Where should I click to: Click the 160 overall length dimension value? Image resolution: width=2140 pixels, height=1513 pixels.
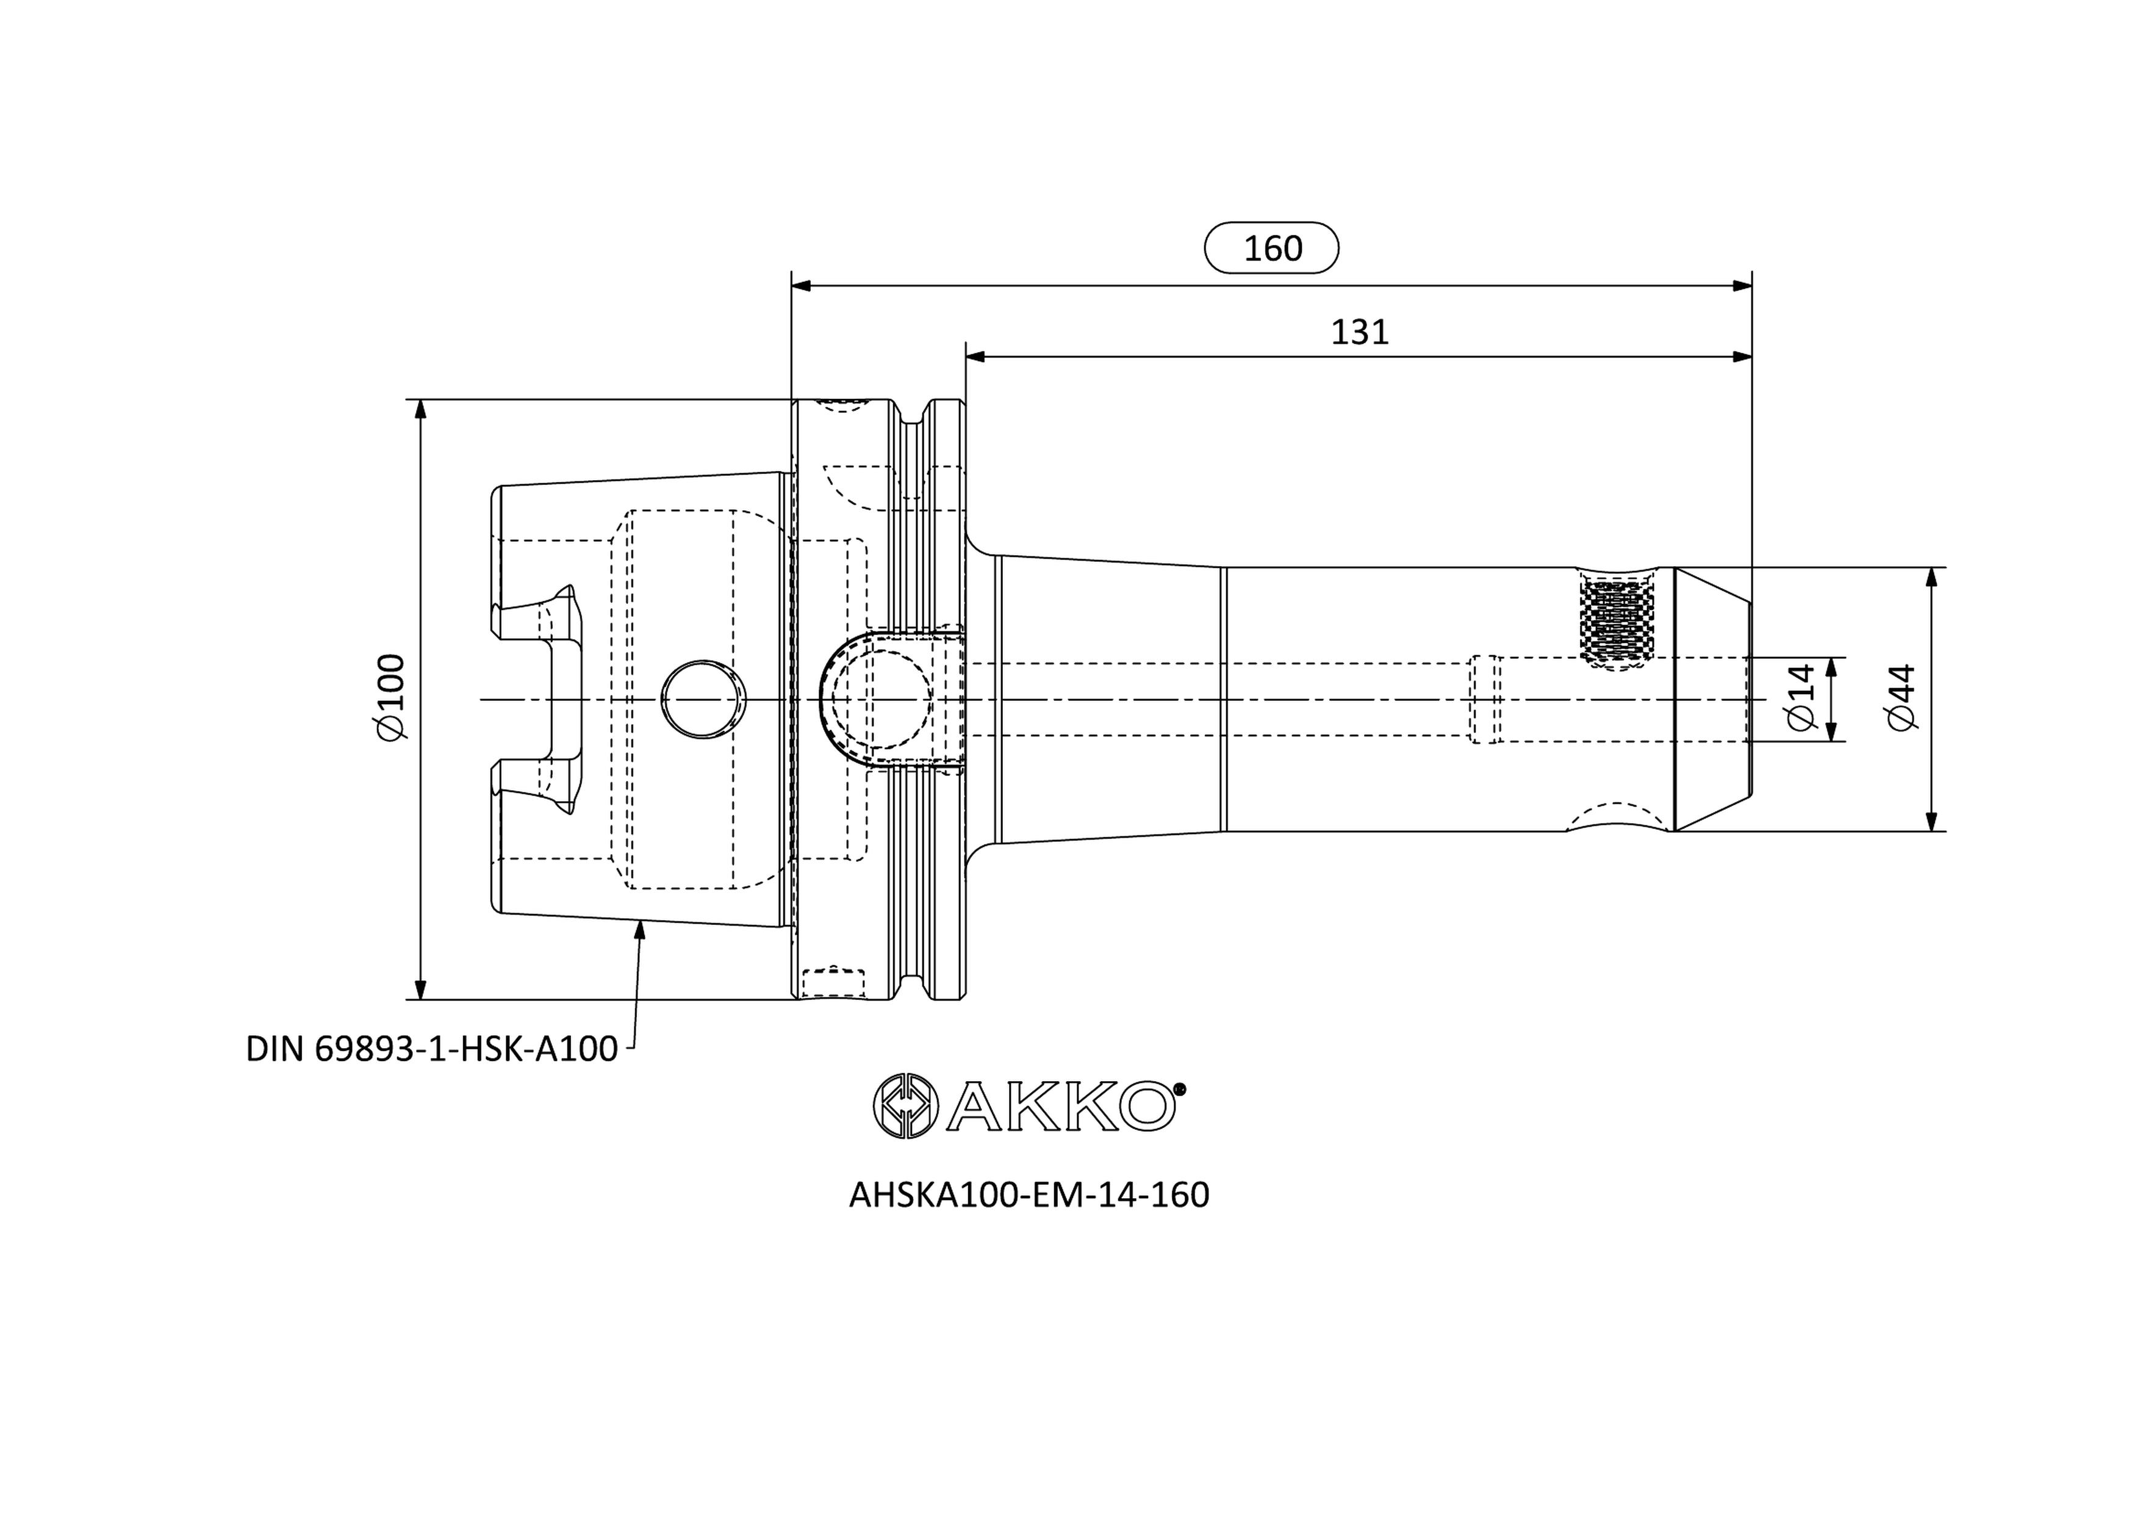(x=1273, y=248)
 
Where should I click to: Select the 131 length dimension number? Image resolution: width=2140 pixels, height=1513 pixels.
(x=1359, y=332)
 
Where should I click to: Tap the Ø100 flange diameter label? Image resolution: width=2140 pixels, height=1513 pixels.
(x=392, y=698)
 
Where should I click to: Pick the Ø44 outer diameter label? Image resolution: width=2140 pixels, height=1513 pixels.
(x=1901, y=698)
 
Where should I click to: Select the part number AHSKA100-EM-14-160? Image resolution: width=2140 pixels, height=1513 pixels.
(x=1029, y=1195)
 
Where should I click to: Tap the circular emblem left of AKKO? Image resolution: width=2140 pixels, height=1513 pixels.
(x=904, y=1107)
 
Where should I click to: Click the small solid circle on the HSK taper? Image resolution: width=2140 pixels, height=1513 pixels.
(x=704, y=700)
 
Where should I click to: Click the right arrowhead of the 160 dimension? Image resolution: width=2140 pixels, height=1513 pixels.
(x=1742, y=286)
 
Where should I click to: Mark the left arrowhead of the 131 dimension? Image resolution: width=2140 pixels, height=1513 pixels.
(x=976, y=356)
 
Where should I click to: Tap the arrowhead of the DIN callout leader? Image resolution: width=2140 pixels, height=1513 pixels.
(x=639, y=929)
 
